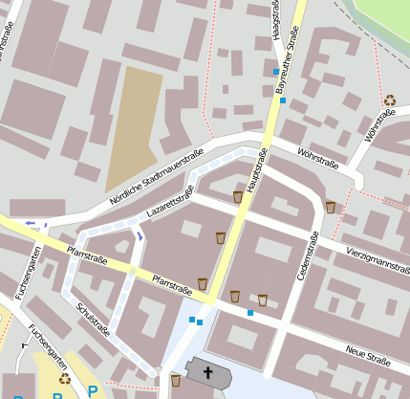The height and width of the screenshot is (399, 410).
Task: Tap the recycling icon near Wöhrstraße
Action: pos(390,100)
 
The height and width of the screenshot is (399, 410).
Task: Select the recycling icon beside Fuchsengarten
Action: pos(65,380)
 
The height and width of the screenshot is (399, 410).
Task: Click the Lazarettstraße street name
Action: pos(169,202)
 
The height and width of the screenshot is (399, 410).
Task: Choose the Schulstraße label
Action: pos(93,320)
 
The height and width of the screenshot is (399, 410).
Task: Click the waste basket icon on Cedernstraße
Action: pos(330,208)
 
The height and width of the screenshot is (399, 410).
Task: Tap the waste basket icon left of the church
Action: pos(176,381)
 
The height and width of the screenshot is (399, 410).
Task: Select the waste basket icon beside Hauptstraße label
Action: pos(238,197)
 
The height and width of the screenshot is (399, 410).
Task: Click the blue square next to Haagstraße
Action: pos(276,73)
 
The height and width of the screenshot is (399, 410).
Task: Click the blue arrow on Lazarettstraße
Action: pos(140,234)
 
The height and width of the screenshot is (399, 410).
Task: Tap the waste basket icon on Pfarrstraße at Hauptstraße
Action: pos(203,283)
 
